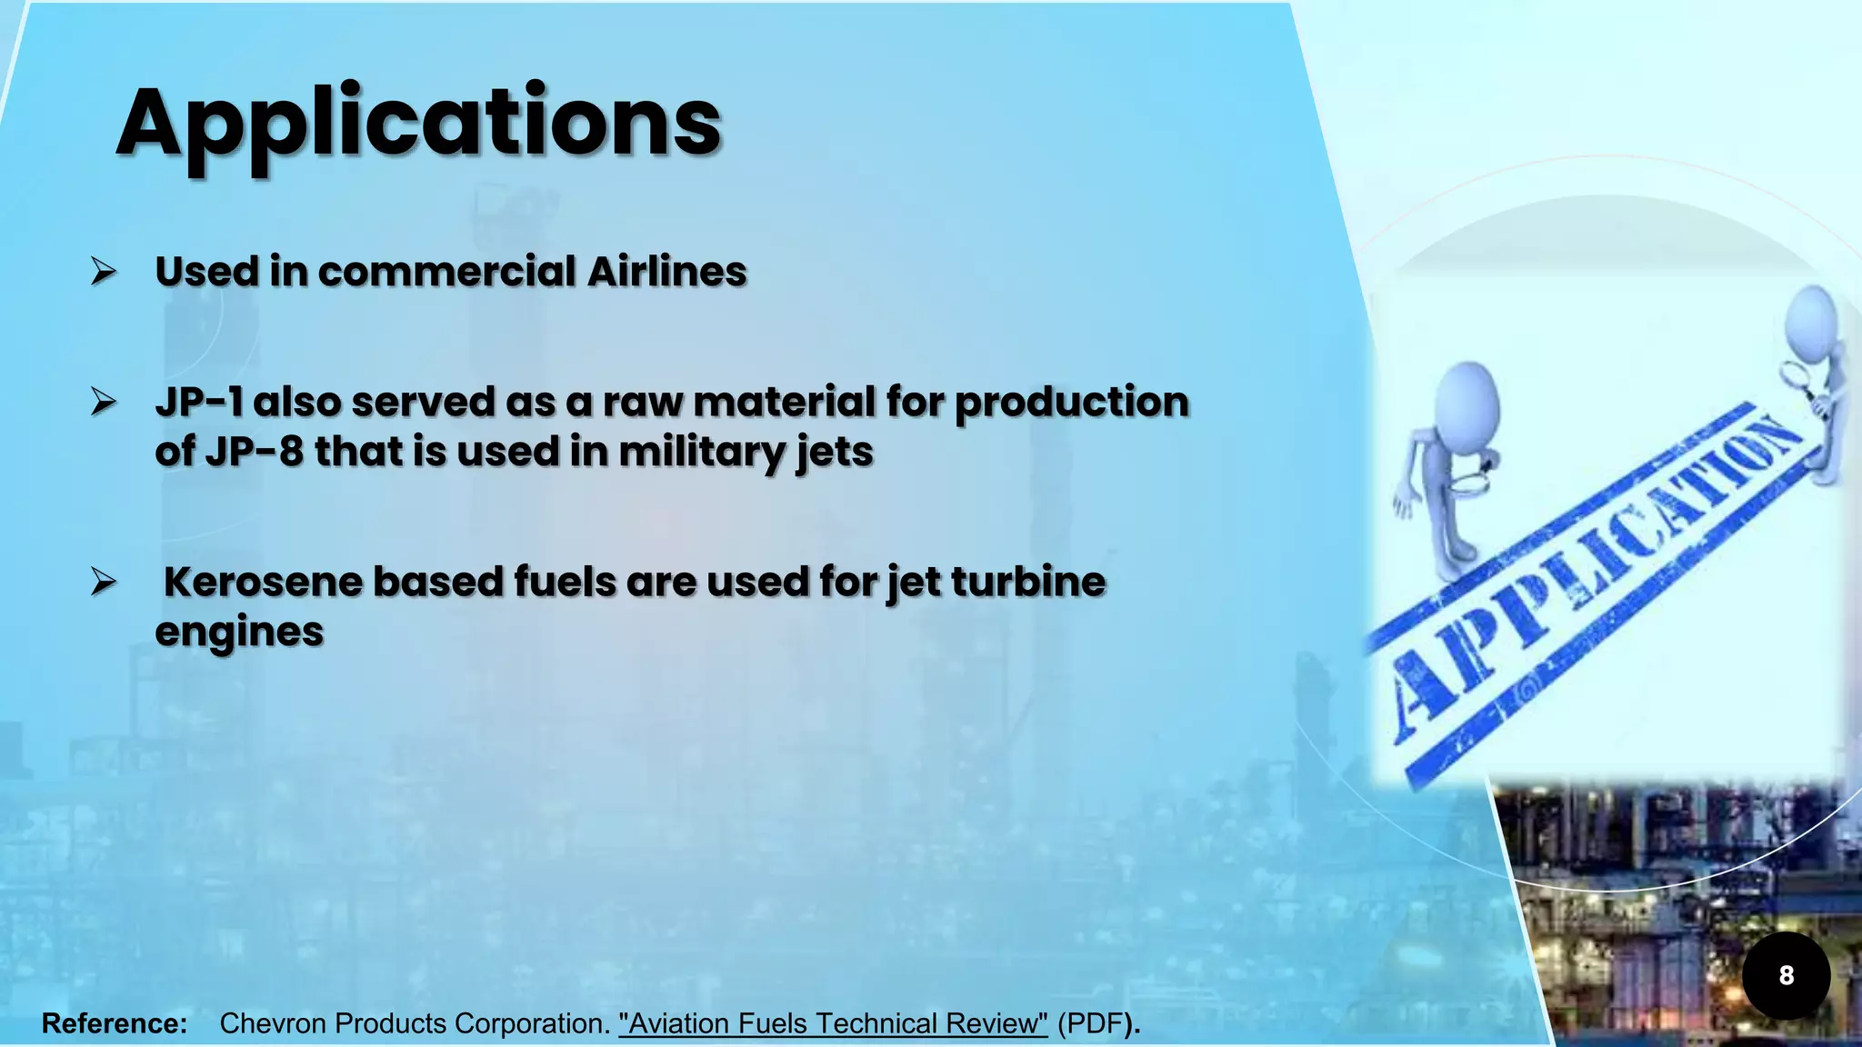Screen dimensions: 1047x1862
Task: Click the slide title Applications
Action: pos(418,124)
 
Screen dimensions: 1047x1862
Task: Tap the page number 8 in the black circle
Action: pos(1786,975)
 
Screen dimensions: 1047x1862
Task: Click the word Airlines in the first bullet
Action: pos(667,272)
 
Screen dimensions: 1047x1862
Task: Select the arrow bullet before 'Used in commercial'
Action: pos(104,271)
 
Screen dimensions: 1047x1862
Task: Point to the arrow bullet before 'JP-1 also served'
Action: pos(104,401)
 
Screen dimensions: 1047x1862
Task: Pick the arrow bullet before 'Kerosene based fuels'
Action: pos(104,581)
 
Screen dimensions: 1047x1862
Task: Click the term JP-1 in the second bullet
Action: pos(199,402)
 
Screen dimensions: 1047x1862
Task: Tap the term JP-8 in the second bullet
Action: pos(254,452)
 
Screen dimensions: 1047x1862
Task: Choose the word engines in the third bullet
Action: pos(239,632)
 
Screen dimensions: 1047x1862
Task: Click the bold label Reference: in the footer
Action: pos(115,1023)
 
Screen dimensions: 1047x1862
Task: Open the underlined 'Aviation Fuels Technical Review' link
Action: pos(833,1023)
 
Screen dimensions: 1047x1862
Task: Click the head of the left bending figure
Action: pos(1468,400)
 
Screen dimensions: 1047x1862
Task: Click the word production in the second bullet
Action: pos(1071,402)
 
